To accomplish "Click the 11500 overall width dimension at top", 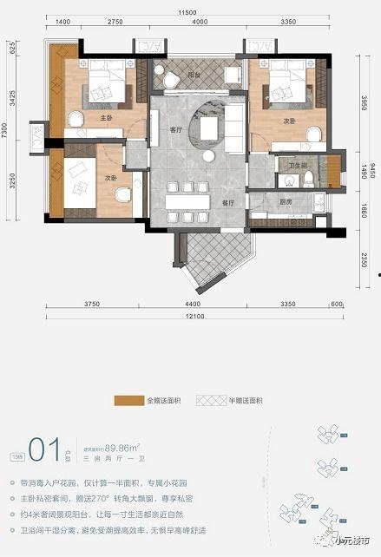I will coord(190,13).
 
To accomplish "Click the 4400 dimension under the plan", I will coord(194,305).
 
